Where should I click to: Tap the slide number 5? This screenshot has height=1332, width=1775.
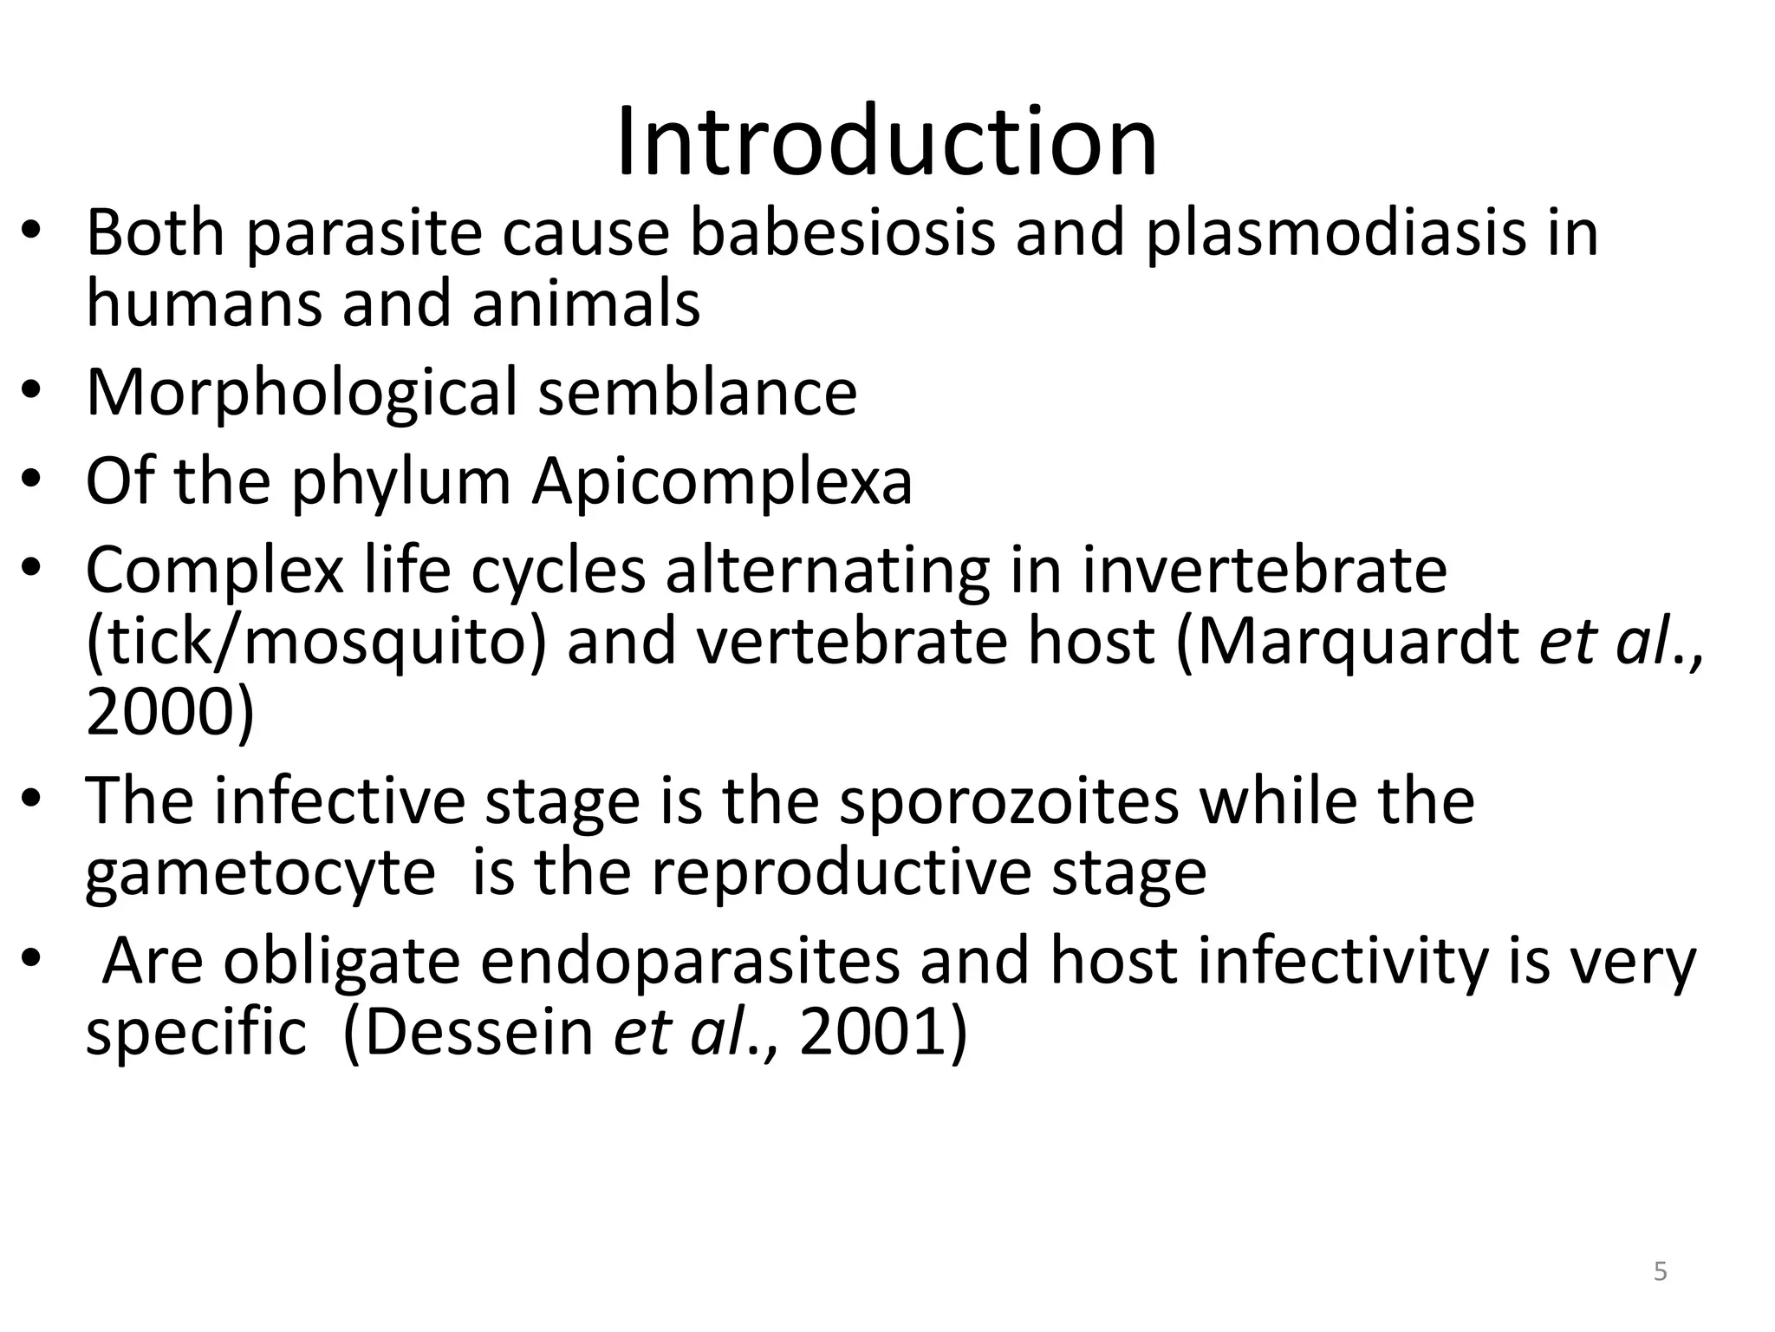point(1660,1272)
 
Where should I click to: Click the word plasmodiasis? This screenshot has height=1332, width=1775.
point(1336,234)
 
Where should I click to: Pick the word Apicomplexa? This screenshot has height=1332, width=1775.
point(722,483)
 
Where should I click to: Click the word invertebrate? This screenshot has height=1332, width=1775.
point(1265,570)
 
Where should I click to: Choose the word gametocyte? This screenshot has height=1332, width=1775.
point(260,873)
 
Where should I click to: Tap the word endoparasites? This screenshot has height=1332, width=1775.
point(690,962)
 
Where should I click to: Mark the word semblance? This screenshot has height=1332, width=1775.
point(698,392)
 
